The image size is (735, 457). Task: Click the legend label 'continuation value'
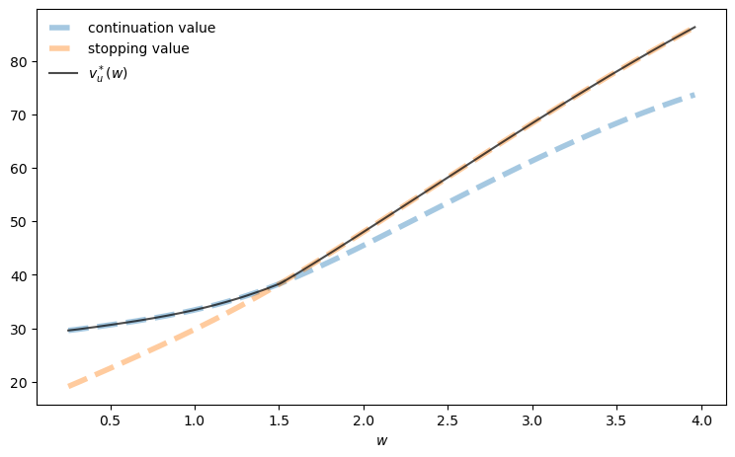[x=151, y=28]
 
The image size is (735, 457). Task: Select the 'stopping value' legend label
[x=138, y=47]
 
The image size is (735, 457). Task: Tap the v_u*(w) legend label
[x=108, y=73]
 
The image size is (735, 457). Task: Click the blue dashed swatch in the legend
[x=66, y=28]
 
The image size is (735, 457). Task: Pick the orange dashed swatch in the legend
[x=66, y=47]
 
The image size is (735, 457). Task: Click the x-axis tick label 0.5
[x=111, y=420]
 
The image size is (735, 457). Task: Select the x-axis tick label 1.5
[x=280, y=420]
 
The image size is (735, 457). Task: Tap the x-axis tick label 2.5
[x=449, y=420]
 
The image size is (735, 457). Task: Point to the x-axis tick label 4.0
[x=701, y=420]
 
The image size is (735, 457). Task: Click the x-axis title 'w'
[x=382, y=440]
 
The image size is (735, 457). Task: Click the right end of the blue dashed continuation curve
[x=694, y=94]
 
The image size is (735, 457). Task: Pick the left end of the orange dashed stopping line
[x=69, y=386]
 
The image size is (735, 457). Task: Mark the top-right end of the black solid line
[x=694, y=27]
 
